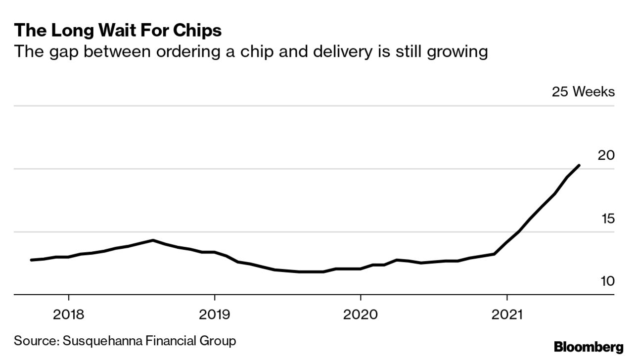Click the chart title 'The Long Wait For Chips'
118,31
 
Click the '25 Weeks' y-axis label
584,92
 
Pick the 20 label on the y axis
606,155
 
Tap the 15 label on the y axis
607,219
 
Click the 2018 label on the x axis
68,315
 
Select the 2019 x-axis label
215,315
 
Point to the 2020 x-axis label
361,315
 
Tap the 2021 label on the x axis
507,315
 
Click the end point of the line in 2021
579,166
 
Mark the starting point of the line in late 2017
32,260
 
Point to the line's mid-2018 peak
153,240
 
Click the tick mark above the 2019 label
215,298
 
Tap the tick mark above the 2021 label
507,298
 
